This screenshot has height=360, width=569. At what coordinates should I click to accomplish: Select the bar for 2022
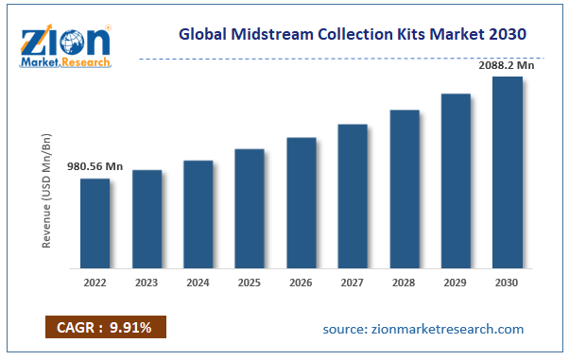coord(95,224)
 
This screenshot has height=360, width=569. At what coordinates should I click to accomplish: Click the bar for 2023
coord(147,219)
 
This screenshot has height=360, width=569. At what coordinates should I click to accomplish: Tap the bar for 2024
coord(198,214)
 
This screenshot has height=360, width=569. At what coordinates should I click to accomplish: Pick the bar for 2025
coord(250,209)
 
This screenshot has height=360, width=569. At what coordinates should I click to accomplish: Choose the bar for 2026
coord(302,203)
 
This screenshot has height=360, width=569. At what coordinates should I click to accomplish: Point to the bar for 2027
coord(353,197)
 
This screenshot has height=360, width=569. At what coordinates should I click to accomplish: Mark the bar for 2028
coord(405,189)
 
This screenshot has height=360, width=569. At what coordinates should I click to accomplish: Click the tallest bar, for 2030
coord(508,173)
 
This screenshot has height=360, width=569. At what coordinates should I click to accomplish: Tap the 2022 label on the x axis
coord(95,282)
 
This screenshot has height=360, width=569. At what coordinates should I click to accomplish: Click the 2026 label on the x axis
coord(302,282)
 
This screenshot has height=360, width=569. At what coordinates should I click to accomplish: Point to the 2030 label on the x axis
coord(508,282)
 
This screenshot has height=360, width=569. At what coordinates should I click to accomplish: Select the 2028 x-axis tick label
coord(405,282)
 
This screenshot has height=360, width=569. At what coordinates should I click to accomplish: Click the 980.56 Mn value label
coord(95,166)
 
